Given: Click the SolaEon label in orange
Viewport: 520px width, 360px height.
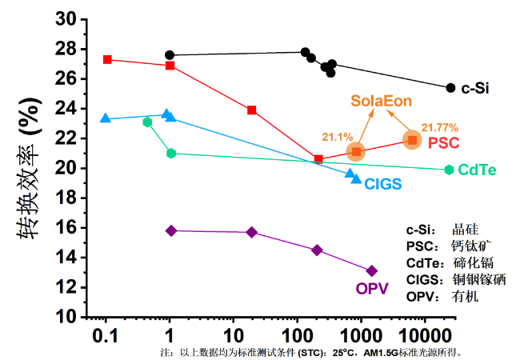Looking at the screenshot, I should click(x=380, y=102).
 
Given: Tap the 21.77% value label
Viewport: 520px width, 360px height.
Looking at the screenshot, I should click(x=439, y=126).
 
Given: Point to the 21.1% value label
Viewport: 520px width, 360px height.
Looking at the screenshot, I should click(x=338, y=136).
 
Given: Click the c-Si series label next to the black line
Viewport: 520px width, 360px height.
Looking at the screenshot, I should click(x=475, y=89).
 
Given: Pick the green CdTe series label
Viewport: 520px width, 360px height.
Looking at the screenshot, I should click(x=478, y=170).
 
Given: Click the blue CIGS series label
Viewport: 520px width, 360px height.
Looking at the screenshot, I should click(x=382, y=184).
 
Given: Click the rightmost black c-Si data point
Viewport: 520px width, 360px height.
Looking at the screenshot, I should click(x=450, y=88).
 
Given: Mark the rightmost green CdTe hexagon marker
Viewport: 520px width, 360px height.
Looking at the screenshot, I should click(x=450, y=170).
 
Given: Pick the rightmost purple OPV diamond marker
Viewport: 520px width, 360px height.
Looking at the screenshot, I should click(x=371, y=271).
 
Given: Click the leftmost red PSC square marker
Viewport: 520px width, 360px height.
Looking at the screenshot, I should click(x=107, y=60).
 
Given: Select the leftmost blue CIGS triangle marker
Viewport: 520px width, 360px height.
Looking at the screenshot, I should click(x=106, y=118).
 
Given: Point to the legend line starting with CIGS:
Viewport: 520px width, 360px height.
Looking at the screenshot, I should click(x=455, y=279).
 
